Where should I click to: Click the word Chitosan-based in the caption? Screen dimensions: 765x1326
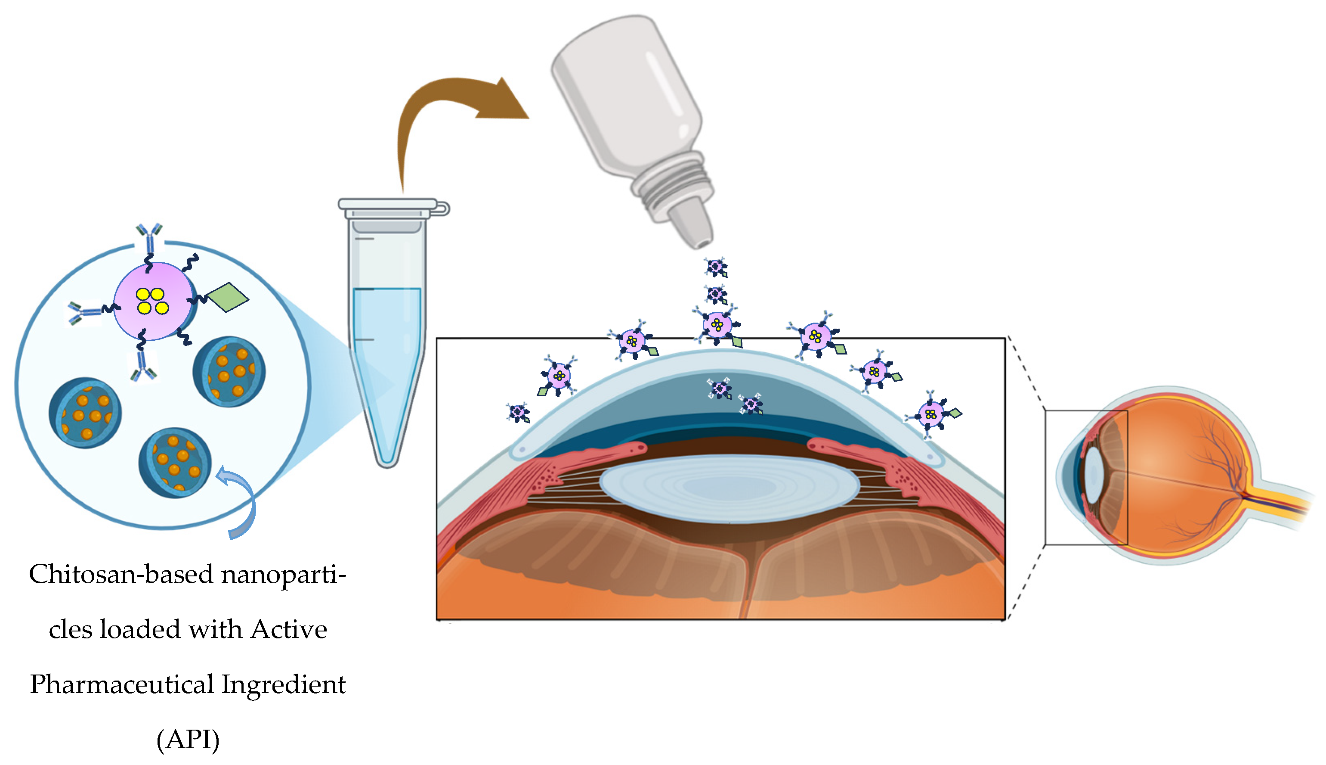point(121,574)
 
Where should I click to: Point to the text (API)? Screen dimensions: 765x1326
point(188,739)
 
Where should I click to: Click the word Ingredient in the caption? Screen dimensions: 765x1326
point(284,684)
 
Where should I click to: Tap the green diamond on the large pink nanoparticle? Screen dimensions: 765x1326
point(229,297)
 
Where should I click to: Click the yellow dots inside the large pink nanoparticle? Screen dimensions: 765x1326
point(152,301)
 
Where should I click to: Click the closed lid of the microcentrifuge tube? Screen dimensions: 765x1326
point(389,205)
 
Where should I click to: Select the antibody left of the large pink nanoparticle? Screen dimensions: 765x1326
point(84,312)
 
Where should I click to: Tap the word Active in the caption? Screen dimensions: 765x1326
point(289,629)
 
